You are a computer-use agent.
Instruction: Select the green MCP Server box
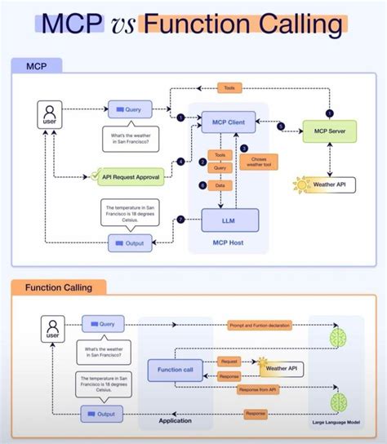click(x=330, y=131)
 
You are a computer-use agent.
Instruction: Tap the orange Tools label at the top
click(x=229, y=87)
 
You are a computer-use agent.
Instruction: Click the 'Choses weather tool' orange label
click(x=259, y=163)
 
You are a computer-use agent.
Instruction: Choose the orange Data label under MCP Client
click(x=218, y=185)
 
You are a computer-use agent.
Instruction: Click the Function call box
click(x=170, y=370)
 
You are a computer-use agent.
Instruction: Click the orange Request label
click(x=229, y=360)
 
